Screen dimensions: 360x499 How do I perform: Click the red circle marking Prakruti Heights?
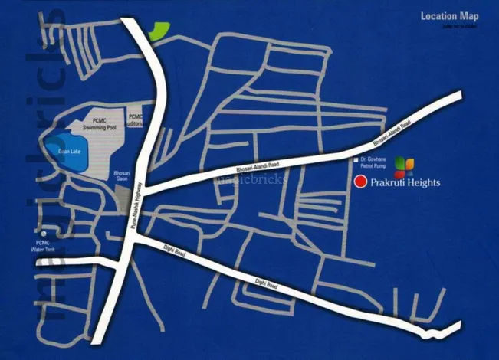(360, 182)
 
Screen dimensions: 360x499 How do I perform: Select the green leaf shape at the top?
(157, 31)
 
